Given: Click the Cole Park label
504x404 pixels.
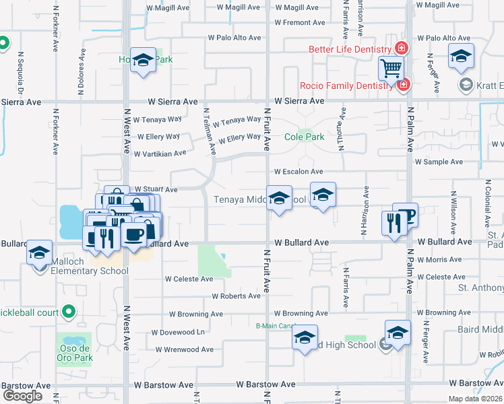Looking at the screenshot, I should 304,137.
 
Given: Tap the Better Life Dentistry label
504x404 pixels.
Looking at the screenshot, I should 350,49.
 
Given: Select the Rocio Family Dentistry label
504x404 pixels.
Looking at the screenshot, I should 348,86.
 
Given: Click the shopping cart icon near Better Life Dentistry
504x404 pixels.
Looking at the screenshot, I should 391,67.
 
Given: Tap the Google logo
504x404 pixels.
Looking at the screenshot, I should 22,396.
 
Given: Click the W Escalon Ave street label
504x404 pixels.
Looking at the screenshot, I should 298,172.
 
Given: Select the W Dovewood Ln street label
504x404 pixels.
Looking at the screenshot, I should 178,332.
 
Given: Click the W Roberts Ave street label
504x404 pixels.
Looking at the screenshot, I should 236,296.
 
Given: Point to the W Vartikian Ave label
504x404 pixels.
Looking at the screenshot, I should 160,154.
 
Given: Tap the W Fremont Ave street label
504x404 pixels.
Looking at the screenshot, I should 301,22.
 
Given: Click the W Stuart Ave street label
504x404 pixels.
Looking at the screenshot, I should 156,190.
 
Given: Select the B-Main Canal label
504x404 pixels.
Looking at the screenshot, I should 275,326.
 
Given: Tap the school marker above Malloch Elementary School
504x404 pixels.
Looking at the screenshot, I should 39,253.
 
